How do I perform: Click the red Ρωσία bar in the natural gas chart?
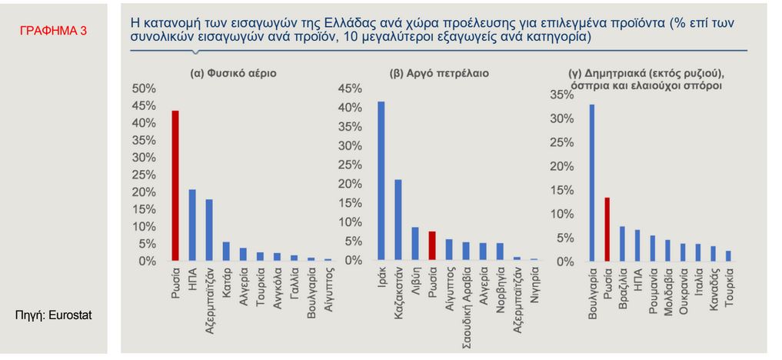[x=175, y=186]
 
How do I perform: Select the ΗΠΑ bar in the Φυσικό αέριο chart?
[x=192, y=225]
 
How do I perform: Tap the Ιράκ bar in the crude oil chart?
[x=381, y=182]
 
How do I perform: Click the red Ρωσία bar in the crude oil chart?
[x=432, y=246]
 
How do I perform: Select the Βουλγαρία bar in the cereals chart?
[x=592, y=183]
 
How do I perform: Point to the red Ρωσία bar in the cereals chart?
[x=607, y=229]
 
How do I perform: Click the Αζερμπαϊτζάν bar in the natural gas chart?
[x=209, y=230]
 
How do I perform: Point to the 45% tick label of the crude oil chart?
[x=349, y=88]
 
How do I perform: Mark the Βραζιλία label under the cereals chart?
[x=622, y=285]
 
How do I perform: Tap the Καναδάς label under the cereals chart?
[x=713, y=287]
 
